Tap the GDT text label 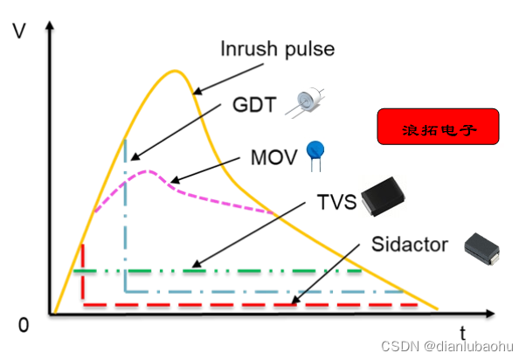[254, 106]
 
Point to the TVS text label [337, 204]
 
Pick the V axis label [19, 32]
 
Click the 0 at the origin [23, 325]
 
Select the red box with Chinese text [438, 127]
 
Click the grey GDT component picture [307, 103]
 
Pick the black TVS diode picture [390, 197]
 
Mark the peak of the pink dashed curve [149, 171]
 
